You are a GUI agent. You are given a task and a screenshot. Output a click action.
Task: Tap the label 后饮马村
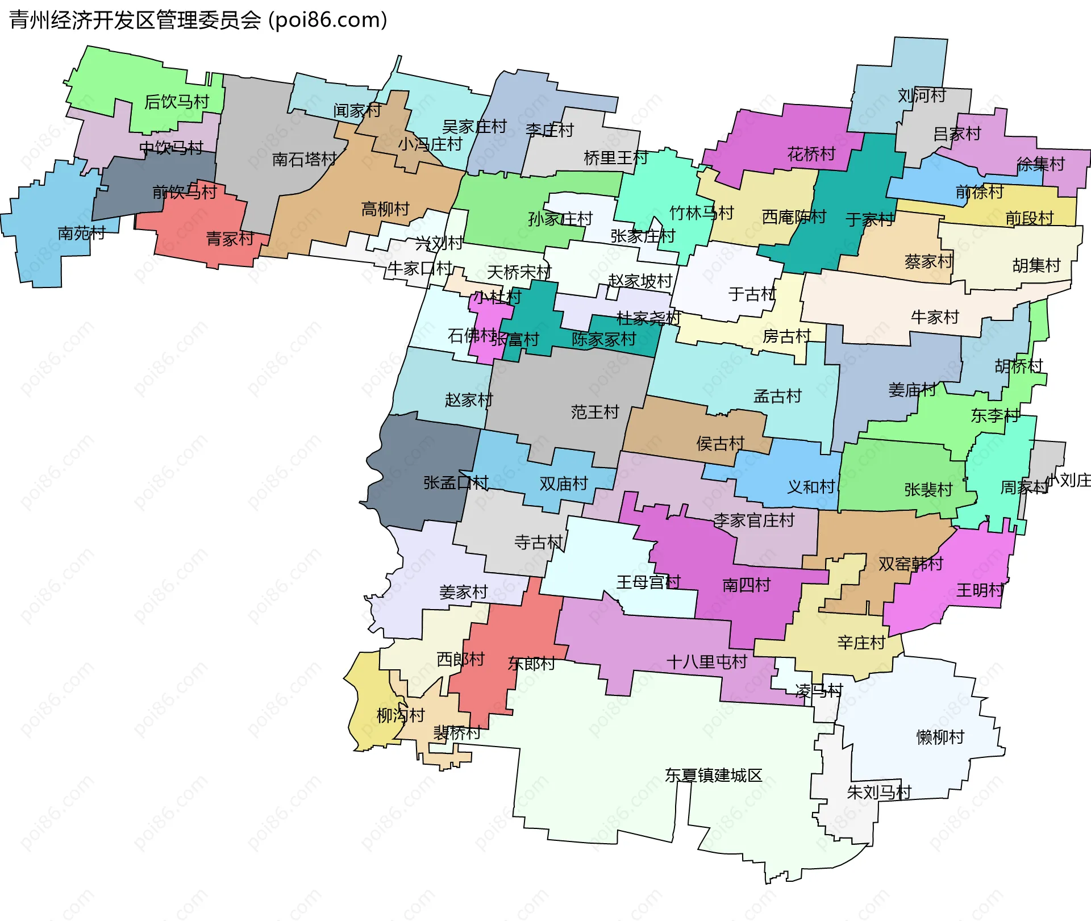[177, 102]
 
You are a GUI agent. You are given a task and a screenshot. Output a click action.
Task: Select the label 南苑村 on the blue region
[81, 233]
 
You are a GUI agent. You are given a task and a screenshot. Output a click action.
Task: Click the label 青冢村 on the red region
[230, 239]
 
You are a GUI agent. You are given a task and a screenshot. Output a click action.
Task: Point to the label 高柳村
[385, 209]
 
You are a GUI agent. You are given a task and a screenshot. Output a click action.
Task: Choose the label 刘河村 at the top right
[922, 95]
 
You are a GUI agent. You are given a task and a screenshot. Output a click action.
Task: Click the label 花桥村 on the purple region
[811, 154]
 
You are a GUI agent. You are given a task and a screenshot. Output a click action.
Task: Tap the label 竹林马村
[702, 213]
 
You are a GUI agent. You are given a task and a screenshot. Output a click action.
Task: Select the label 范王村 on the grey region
[594, 412]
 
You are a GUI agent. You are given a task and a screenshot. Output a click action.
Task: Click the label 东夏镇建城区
[714, 776]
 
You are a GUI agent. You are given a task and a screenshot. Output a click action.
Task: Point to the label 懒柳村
[940, 737]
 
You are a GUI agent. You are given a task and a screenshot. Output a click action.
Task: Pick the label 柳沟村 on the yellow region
[401, 715]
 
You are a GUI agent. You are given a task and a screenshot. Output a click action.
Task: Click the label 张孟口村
[456, 483]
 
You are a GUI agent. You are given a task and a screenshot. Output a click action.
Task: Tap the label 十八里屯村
[706, 662]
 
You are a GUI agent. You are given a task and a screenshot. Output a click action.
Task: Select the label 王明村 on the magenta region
[980, 590]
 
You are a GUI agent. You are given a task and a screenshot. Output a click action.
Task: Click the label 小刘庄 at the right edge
[1068, 480]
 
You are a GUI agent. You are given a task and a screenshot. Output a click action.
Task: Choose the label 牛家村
[935, 317]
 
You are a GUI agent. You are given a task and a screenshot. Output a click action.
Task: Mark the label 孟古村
[777, 396]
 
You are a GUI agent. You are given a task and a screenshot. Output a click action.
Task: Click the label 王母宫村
[648, 582]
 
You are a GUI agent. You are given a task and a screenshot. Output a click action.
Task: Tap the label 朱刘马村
[879, 792]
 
